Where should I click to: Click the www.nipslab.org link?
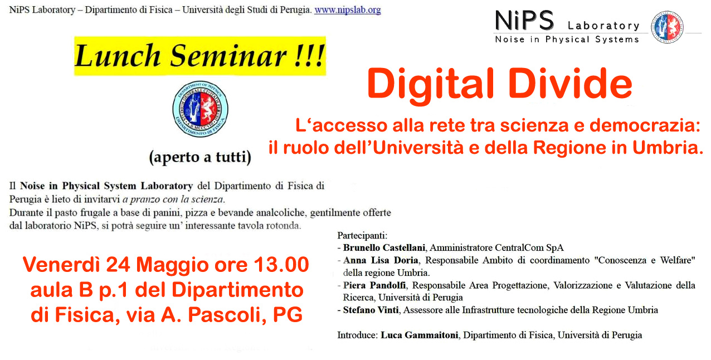[x=348, y=10]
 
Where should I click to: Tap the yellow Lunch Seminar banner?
[x=200, y=56]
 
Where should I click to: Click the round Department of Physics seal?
[x=200, y=109]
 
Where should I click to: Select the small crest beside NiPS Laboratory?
[x=667, y=27]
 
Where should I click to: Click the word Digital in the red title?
[x=431, y=85]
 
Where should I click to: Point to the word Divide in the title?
[x=571, y=83]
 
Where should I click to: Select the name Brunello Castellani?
[x=384, y=247]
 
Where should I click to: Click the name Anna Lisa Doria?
[x=381, y=260]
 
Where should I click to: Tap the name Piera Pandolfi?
[x=374, y=285]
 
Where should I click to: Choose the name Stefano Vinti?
[x=371, y=310]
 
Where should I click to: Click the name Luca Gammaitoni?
[x=419, y=335]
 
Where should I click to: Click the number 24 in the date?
[x=118, y=265]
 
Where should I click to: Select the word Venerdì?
[x=62, y=265]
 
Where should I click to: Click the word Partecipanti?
[x=362, y=236]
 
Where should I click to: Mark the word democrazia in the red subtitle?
[x=645, y=125]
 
